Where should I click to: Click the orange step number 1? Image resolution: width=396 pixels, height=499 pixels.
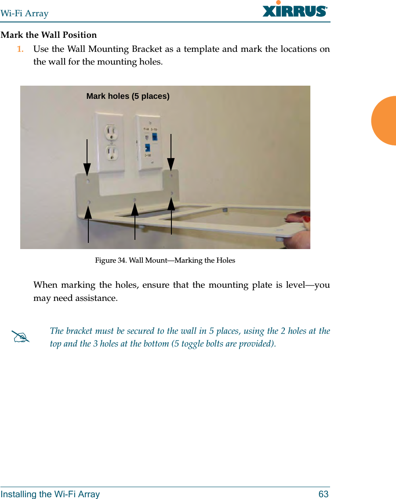tap(20, 49)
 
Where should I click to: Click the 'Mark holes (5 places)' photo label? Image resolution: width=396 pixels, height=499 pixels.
tap(128, 96)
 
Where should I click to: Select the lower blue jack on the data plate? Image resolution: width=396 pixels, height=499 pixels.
tap(148, 148)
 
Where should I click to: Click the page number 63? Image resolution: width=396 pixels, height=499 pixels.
tap(323, 494)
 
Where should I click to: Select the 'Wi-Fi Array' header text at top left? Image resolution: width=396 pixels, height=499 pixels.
tap(25, 14)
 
